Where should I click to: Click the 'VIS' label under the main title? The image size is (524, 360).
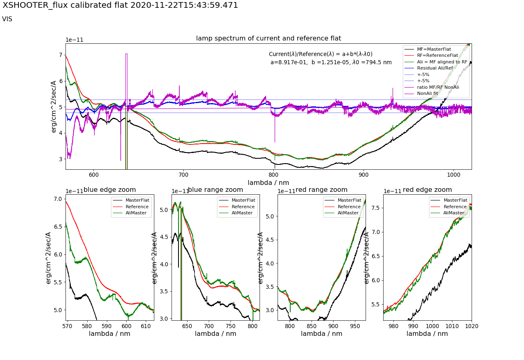click(x=7, y=19)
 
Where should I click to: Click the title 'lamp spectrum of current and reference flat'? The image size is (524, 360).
click(x=268, y=38)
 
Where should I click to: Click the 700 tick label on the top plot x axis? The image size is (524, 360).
click(x=183, y=173)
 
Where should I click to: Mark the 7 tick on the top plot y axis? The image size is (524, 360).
click(x=60, y=55)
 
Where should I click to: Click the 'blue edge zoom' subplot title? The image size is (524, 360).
click(x=110, y=190)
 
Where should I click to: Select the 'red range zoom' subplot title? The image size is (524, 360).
click(x=321, y=190)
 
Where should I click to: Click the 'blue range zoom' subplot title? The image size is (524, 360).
click(x=215, y=190)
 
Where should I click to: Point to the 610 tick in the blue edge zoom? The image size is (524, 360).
click(x=146, y=326)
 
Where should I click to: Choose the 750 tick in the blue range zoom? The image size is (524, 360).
click(x=230, y=326)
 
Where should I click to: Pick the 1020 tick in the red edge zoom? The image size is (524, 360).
click(x=471, y=326)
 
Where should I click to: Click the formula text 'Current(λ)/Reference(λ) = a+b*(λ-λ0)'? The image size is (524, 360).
click(x=321, y=54)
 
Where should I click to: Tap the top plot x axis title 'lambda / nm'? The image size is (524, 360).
click(x=268, y=182)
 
